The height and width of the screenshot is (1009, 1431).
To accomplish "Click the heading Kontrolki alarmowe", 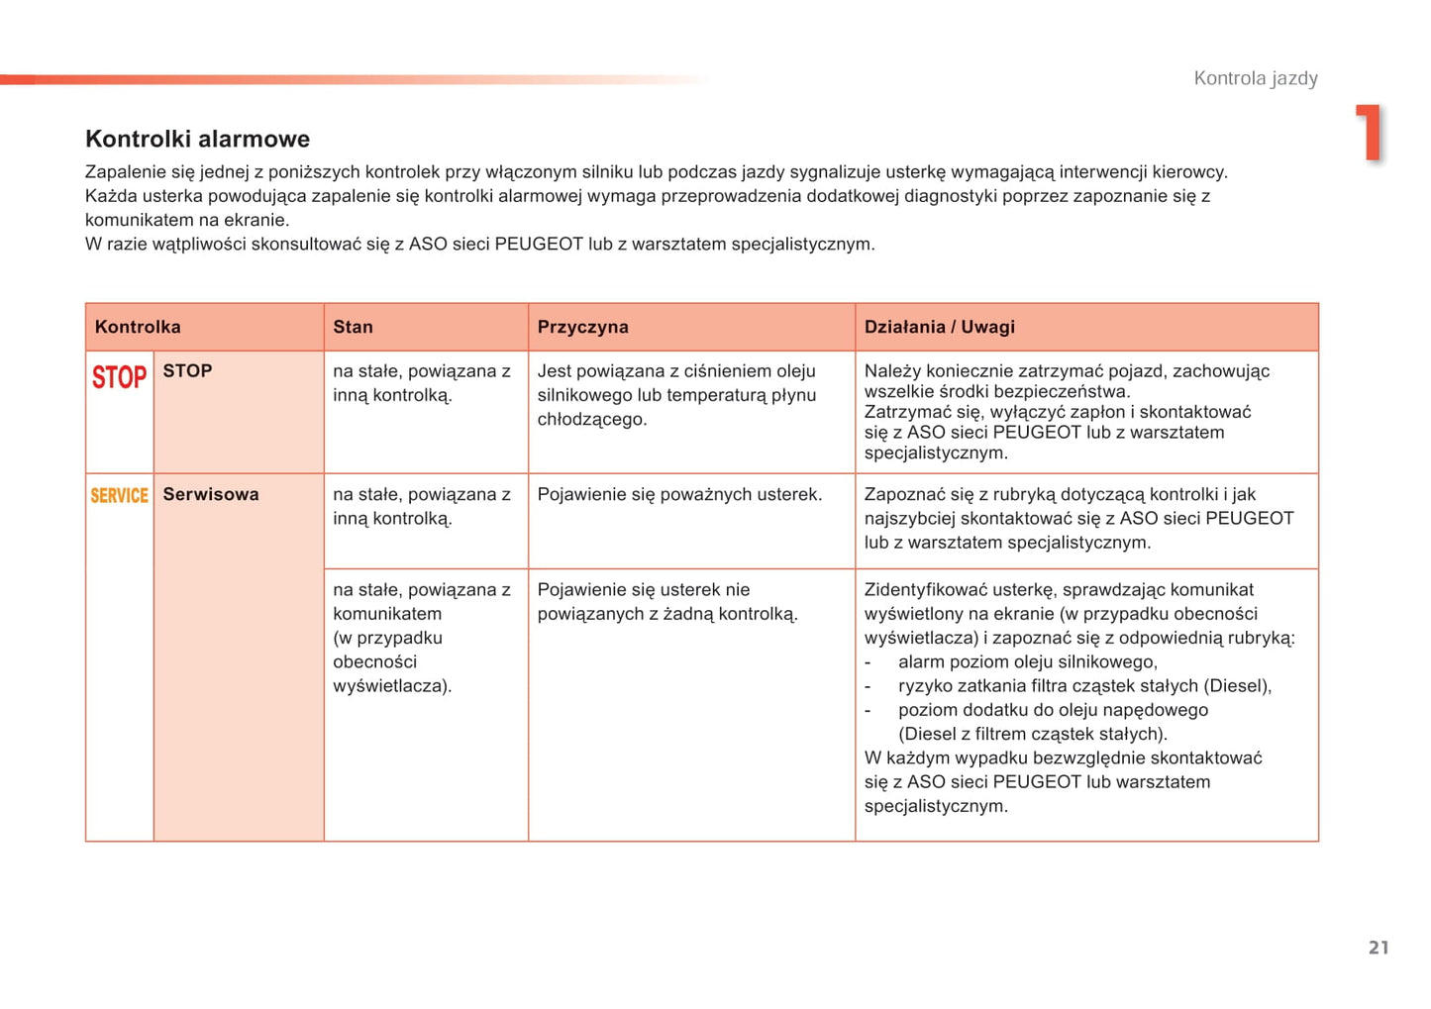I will click(x=197, y=139).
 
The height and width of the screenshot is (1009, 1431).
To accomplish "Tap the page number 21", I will click(x=1378, y=948).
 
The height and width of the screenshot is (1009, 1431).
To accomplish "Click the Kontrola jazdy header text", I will click(x=1255, y=78).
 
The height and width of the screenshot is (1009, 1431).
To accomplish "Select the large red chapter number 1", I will click(x=1369, y=132).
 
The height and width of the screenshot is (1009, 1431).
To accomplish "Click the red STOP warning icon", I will click(x=119, y=377).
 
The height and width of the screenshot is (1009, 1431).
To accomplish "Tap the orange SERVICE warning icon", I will click(x=119, y=495).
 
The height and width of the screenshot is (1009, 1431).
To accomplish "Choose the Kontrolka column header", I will click(x=138, y=327).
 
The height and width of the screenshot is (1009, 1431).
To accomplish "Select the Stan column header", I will click(x=353, y=327).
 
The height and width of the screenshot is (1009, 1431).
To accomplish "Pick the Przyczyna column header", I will click(x=582, y=327).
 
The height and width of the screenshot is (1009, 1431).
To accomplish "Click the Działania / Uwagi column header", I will click(x=939, y=327).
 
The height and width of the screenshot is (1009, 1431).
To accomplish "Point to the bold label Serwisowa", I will click(x=211, y=494).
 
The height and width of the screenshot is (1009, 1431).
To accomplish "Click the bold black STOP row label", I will click(x=187, y=370).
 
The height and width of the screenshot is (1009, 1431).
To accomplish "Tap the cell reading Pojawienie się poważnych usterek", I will click(x=679, y=494).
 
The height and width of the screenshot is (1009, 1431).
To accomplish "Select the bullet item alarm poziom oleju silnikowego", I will click(x=1027, y=661).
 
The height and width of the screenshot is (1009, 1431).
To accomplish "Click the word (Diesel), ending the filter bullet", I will click(x=1237, y=685).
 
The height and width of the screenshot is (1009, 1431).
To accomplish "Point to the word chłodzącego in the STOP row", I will click(x=591, y=419).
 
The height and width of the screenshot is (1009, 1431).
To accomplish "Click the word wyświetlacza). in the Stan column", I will click(x=392, y=685).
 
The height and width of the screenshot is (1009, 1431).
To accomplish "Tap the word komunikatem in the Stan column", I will click(x=387, y=614).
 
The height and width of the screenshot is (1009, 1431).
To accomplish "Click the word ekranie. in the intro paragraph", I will click(x=256, y=220).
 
